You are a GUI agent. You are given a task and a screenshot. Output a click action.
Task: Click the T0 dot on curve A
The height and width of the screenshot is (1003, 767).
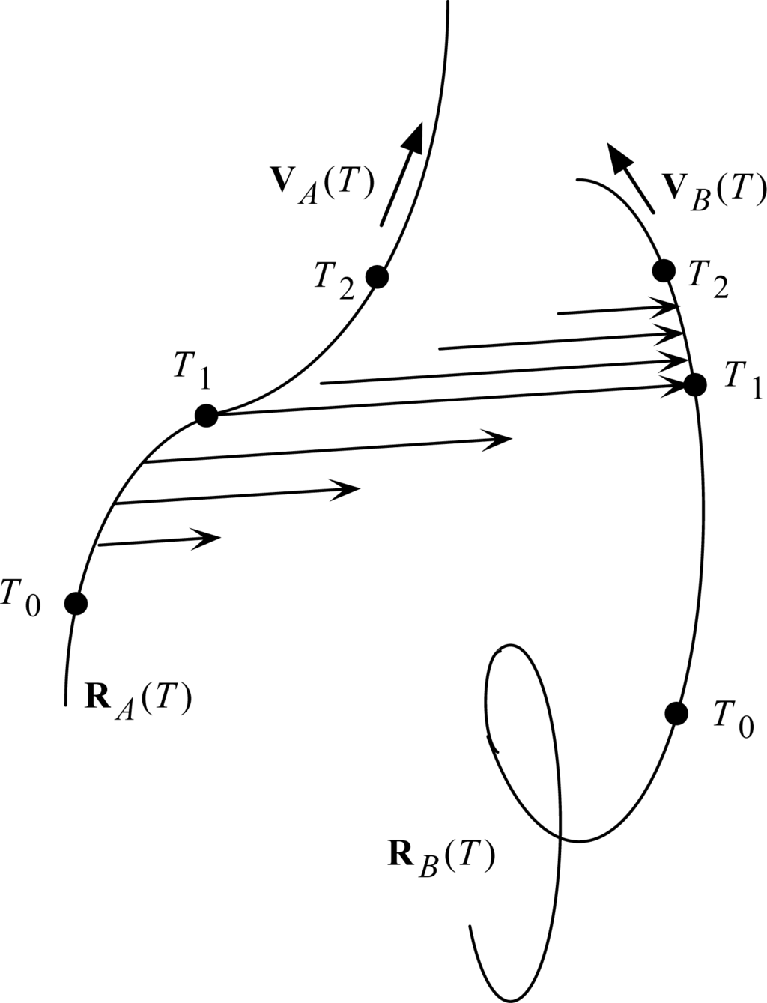pos(76,602)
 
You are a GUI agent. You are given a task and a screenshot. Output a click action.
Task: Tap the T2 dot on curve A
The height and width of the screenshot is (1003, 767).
pos(377,277)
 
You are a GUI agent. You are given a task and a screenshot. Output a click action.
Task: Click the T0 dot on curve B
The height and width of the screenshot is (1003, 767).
pos(676,713)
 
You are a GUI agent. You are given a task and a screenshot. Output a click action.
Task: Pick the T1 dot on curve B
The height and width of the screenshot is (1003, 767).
pos(695,385)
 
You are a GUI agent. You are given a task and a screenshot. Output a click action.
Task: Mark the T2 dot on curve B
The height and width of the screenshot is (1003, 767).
pos(663,270)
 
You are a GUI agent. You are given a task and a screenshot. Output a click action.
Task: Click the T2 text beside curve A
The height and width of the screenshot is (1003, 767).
pos(333,282)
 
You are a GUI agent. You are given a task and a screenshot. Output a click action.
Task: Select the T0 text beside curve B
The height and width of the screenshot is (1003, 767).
pos(733,720)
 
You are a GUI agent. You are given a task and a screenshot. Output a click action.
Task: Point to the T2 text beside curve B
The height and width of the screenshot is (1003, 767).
pos(708,282)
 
